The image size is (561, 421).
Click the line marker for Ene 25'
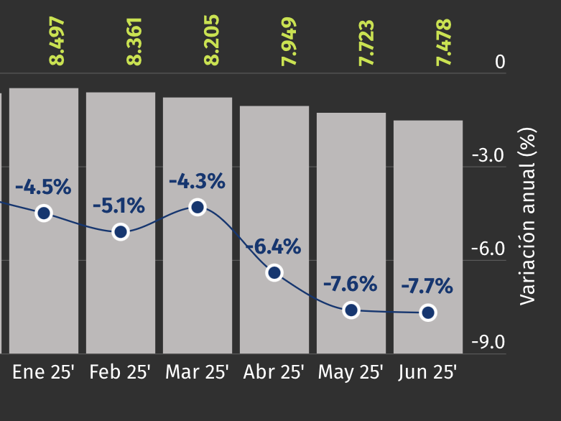coord(44,213)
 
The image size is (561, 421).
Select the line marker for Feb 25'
coord(121,231)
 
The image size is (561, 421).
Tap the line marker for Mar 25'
coord(198,207)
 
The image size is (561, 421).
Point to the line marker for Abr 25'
coord(274,272)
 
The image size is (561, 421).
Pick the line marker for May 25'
coord(351,310)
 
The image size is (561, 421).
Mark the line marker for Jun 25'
coord(428,312)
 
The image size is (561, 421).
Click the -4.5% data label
coord(44,188)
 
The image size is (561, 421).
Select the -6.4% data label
coord(273,247)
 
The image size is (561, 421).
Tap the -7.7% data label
coord(427,287)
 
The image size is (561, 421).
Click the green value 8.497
coord(57,42)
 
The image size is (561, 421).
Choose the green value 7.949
coord(289,42)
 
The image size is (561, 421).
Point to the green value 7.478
coord(444,42)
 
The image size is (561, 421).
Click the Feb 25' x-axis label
coord(120,372)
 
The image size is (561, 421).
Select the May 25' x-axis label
coord(351,372)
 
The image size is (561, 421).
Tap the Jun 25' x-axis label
coord(427,372)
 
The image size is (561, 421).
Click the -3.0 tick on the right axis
coord(488,156)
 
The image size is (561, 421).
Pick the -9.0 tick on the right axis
coord(488,342)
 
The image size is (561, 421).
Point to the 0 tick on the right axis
coord(500,63)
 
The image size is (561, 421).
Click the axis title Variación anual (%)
coord(528,216)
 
